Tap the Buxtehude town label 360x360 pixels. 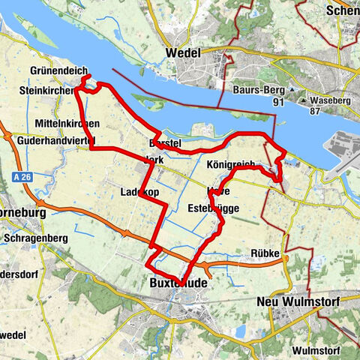[176, 285]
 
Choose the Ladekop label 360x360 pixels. [139, 193]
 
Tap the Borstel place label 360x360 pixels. [161, 142]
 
